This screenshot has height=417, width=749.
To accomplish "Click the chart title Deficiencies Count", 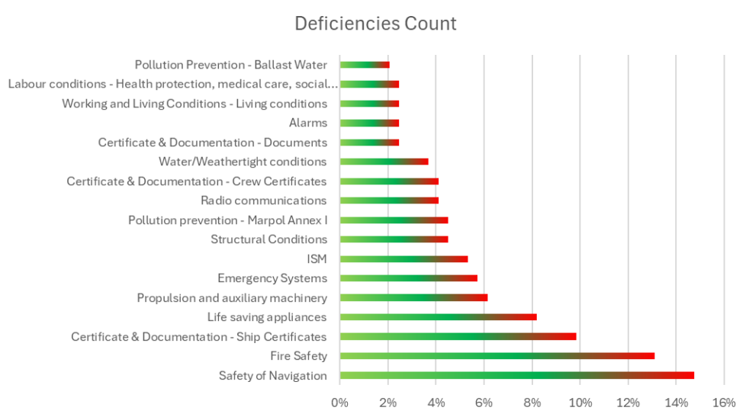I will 375,24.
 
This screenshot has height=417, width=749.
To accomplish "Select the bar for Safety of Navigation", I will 516,375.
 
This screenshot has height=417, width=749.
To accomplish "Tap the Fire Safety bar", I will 497,356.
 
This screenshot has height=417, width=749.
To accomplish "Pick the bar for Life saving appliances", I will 438,317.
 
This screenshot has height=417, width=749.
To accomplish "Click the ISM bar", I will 403,259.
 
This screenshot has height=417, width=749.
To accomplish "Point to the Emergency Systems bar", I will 408,278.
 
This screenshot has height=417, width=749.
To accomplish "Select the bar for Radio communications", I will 389,200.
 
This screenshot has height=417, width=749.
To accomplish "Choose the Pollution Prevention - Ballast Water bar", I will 365,65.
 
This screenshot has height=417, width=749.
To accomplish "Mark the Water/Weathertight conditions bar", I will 384,162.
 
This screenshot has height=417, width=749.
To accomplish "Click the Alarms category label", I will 307,123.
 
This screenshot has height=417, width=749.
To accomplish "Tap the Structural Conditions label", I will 268,239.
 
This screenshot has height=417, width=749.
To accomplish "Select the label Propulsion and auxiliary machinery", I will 232,298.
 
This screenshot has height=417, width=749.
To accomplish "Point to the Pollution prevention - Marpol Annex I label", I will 227,220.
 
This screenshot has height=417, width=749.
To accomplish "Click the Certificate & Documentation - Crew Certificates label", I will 197,181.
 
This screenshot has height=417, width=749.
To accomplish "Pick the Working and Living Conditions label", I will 194,104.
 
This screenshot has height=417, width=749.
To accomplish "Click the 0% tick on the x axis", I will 339,402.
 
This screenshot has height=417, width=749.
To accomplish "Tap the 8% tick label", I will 532,402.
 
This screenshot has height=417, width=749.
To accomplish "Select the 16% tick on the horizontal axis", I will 724,402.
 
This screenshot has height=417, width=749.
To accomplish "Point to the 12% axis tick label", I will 628,402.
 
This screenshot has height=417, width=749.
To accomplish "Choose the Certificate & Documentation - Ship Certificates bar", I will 458,336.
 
